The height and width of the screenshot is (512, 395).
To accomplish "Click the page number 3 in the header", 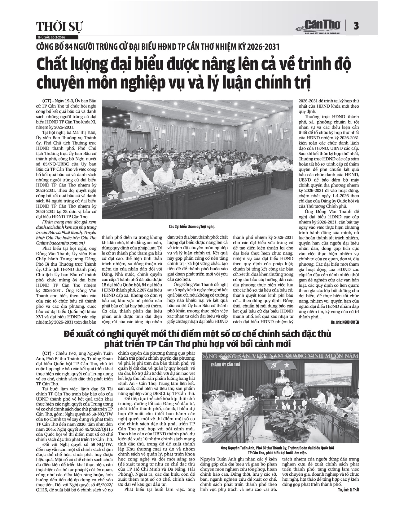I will (x=356, y=26).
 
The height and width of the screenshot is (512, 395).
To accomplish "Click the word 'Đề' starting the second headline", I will (x=70, y=334).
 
